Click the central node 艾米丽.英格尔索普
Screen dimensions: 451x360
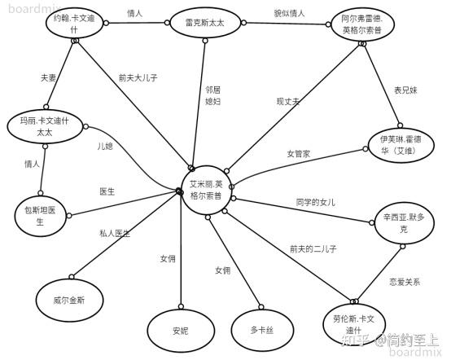[x=206, y=190]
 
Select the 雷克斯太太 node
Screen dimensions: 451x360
[x=205, y=23]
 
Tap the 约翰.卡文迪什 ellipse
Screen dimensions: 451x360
[x=74, y=24]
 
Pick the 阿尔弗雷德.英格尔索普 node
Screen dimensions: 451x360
[x=362, y=25]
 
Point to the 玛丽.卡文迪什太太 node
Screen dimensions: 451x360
[x=45, y=126]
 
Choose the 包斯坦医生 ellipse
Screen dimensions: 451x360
[x=40, y=216]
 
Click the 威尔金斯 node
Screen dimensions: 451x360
[x=69, y=301]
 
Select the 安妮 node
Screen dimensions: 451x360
[x=181, y=331]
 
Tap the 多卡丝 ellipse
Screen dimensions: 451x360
[x=262, y=330]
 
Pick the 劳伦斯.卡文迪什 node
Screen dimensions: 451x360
[x=354, y=323]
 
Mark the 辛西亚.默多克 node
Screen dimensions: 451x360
[x=404, y=223]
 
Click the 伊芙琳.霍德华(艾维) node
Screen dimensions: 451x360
[x=401, y=145]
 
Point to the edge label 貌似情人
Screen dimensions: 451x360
[x=289, y=13]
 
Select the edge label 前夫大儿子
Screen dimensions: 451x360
[x=138, y=77]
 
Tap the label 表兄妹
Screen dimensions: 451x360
[x=405, y=90]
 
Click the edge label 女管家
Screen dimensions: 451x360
[x=299, y=154]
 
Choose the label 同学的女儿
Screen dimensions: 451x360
[x=316, y=202]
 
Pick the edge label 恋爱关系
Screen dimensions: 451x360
[x=405, y=282]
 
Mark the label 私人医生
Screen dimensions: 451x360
[x=115, y=234]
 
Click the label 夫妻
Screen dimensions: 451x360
[x=48, y=77]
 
